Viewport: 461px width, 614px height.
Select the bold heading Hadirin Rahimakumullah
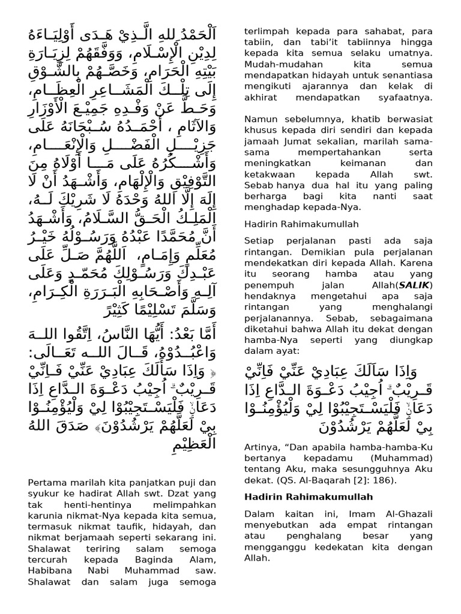[x=309, y=496]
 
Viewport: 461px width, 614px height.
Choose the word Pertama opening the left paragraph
[x=46, y=481]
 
